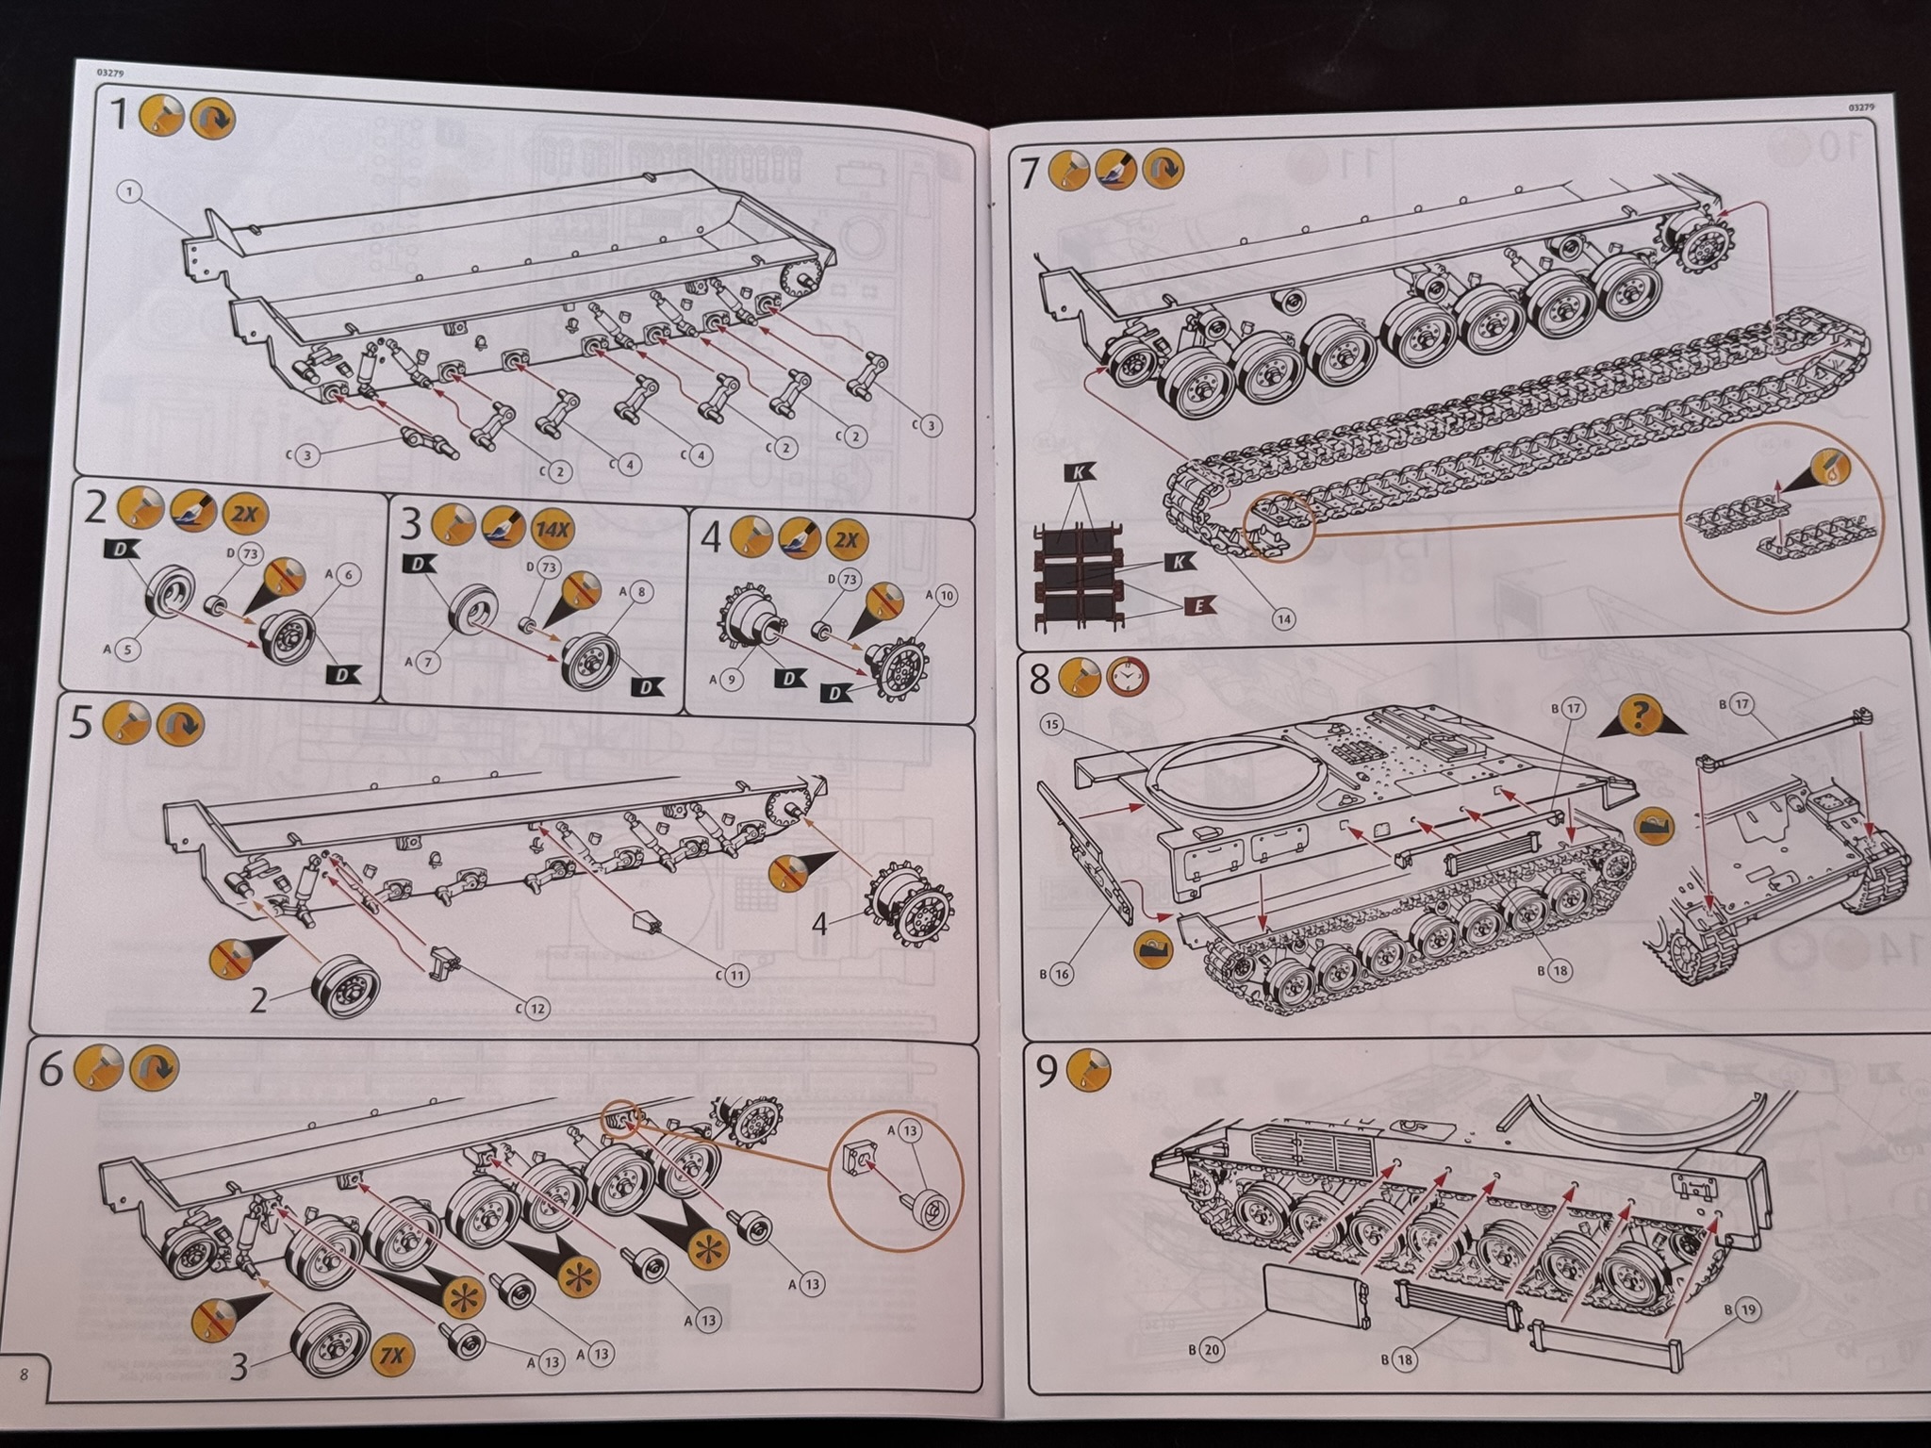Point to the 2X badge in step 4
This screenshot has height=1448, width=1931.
(846, 539)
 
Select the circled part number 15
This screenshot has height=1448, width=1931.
(1052, 724)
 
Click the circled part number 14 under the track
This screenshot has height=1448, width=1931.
(1282, 618)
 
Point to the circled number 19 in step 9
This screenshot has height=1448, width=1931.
(1747, 1309)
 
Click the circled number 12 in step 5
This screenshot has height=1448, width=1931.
(536, 1009)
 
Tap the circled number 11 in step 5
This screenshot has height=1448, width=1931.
(737, 976)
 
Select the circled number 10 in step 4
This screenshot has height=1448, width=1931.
(947, 595)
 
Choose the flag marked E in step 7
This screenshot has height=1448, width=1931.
(1197, 606)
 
